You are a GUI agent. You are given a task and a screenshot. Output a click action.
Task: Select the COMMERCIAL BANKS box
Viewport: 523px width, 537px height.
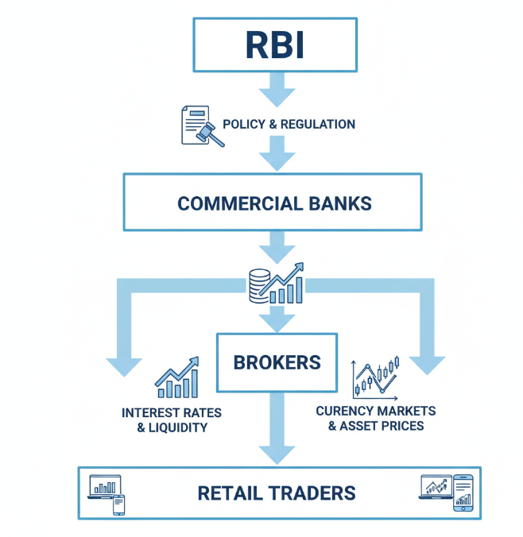coord(274,203)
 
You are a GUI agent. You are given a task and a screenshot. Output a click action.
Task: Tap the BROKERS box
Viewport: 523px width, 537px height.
coord(277,362)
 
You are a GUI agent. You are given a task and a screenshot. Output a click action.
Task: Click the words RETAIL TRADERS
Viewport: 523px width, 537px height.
coord(276,493)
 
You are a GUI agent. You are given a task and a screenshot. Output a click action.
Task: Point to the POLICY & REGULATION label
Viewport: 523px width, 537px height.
coord(289,124)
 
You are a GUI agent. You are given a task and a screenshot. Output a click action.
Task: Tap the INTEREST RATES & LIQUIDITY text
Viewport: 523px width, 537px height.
coord(172,420)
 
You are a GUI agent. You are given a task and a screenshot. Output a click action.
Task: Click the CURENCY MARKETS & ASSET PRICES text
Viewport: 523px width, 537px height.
coord(376,418)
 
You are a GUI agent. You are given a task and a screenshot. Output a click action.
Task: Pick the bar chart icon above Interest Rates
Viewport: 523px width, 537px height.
coord(176,378)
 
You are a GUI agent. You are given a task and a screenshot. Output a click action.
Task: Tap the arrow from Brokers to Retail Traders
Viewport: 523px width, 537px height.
coord(277,429)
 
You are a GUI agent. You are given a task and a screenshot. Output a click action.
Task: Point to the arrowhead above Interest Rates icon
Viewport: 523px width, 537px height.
coord(125,364)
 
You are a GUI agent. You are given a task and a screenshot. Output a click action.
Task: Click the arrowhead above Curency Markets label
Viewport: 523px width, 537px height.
coord(427,363)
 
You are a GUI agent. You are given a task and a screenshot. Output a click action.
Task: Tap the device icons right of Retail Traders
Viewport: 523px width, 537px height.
coord(445,493)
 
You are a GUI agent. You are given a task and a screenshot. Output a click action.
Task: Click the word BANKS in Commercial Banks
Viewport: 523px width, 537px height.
coord(339,203)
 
